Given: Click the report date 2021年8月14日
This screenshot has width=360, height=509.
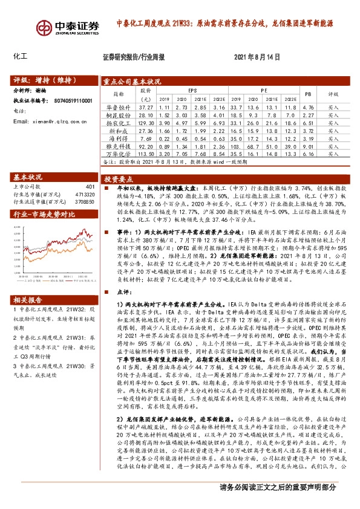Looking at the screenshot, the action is click(x=257, y=58).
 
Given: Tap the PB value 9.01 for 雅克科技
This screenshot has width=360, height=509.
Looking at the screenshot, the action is click(x=307, y=146).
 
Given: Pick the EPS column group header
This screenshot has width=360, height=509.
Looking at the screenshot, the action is click(x=192, y=89).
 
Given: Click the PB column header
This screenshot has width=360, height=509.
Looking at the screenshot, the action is click(x=307, y=94).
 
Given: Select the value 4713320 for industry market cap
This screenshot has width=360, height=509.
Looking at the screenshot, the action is click(x=84, y=195).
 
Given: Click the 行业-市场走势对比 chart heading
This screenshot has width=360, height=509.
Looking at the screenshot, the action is click(x=44, y=213).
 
